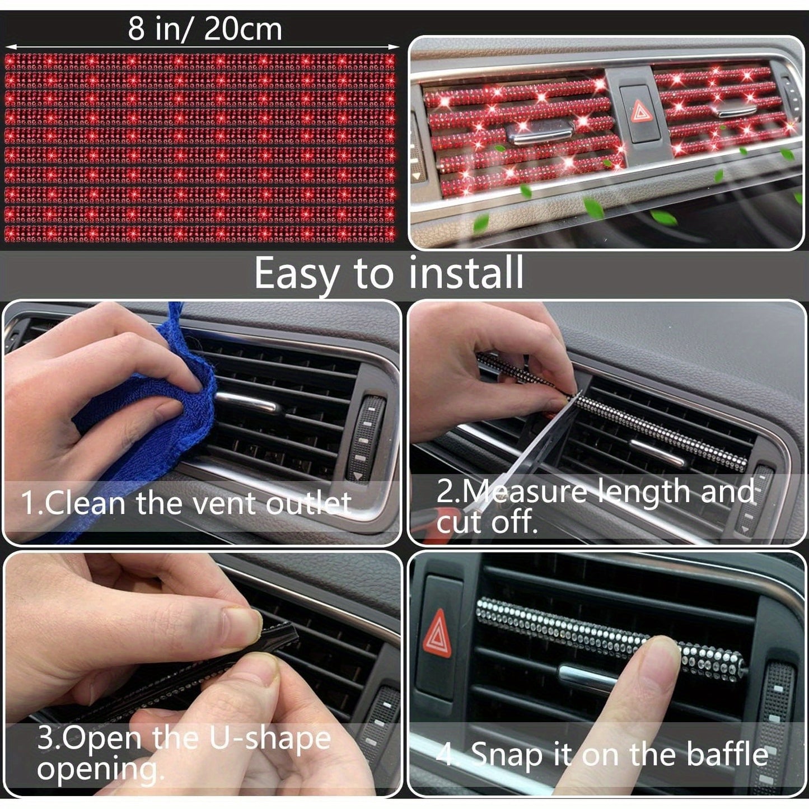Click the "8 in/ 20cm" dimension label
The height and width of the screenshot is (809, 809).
204,29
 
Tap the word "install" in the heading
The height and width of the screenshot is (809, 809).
466,273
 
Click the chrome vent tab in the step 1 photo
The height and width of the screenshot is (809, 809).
246,401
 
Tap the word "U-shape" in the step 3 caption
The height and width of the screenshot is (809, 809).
270,738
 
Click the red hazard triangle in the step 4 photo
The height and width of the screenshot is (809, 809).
437,633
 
